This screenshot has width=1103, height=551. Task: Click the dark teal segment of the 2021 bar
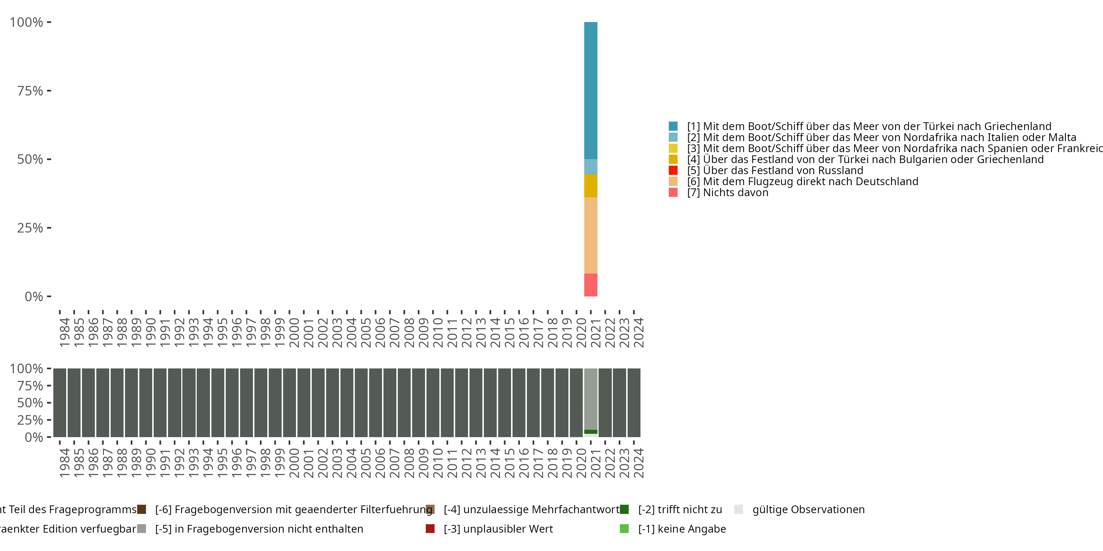click(x=590, y=90)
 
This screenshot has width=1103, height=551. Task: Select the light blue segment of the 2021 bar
click(x=590, y=166)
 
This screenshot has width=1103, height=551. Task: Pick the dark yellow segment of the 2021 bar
click(x=590, y=186)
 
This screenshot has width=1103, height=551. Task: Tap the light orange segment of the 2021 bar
click(x=590, y=235)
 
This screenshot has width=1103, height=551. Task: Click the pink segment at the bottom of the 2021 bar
click(x=590, y=285)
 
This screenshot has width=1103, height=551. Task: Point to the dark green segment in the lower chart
click(x=590, y=432)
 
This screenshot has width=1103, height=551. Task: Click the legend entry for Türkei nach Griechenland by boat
click(x=869, y=126)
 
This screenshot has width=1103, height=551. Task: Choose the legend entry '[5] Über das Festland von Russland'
click(x=775, y=170)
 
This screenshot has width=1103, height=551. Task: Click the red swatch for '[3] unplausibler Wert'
click(x=430, y=529)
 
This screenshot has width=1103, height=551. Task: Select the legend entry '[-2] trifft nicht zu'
click(x=679, y=509)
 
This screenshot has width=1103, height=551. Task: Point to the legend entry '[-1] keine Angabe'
click(x=682, y=529)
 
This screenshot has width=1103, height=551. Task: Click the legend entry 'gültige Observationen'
click(x=808, y=509)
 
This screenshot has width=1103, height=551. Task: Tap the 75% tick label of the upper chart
click(x=30, y=91)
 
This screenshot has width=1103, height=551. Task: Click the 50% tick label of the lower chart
click(x=30, y=403)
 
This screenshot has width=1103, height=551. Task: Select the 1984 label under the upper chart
click(x=65, y=332)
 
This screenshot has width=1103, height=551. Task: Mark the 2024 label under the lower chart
click(x=638, y=463)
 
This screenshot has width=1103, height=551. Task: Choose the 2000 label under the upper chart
click(x=294, y=332)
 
